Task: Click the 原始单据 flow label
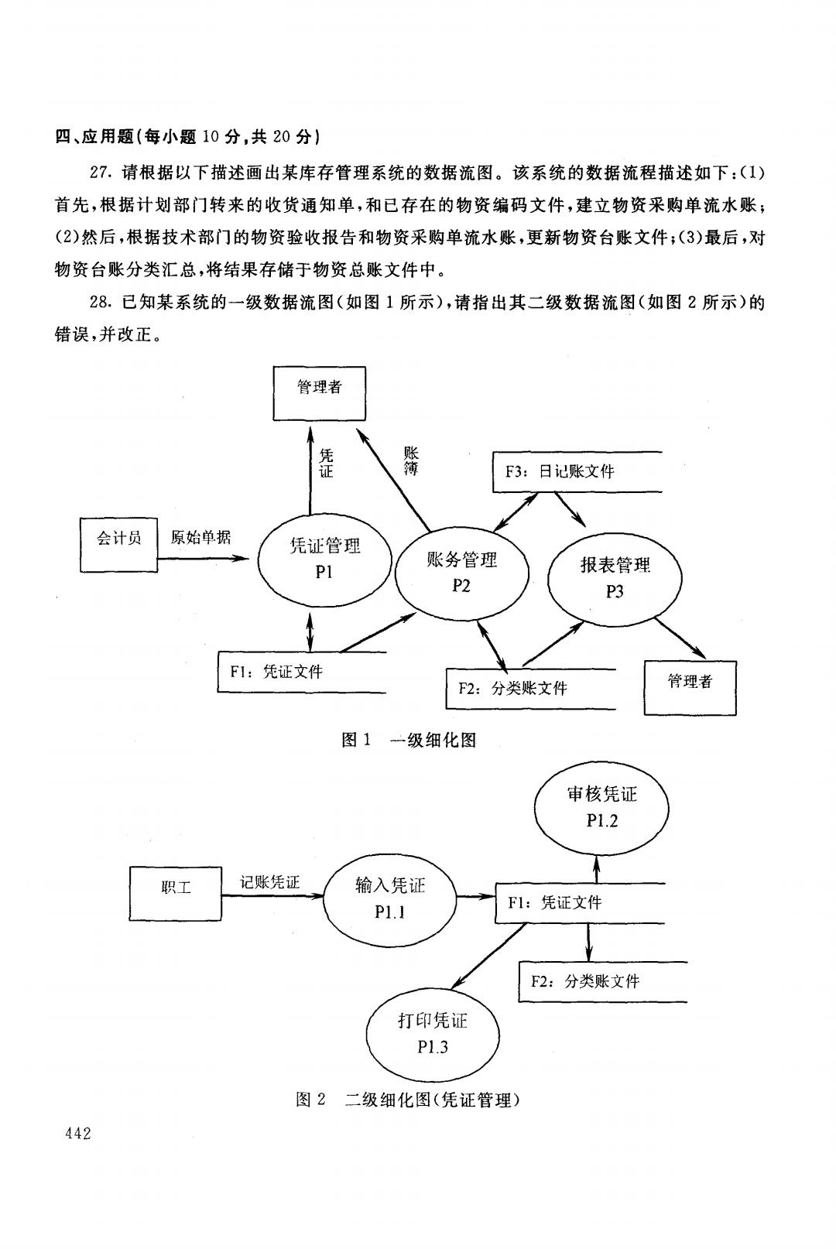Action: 200,537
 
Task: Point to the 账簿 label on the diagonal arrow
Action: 411,460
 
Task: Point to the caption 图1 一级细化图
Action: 409,740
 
